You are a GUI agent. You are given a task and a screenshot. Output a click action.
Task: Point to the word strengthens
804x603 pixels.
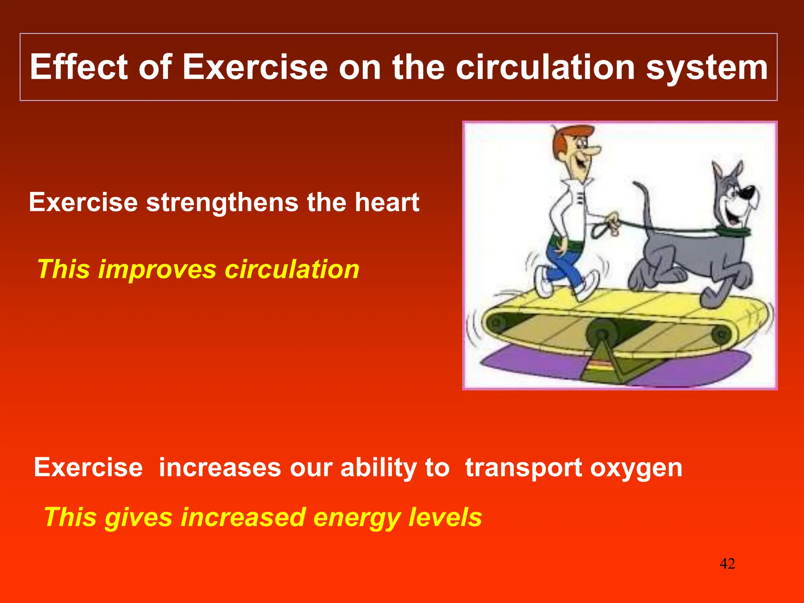(222, 203)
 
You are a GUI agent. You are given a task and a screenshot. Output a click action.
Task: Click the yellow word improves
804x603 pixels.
(157, 270)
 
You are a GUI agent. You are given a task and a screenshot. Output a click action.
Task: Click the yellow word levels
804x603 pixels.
(445, 517)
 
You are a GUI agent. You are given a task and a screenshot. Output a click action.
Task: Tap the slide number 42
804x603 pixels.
(727, 564)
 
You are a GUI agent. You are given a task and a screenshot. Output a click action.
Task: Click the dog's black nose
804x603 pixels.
(745, 193)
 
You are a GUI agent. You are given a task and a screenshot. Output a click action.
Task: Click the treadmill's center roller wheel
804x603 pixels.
(601, 334)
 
